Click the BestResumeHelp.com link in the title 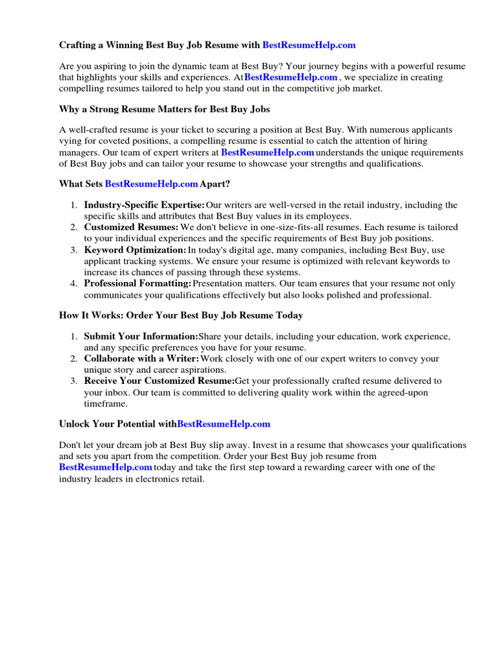coord(309,45)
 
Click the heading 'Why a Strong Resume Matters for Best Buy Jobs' coord(165,109)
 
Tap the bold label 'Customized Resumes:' coord(131,228)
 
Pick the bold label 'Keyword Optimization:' coord(135,250)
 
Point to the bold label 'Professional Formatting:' coord(137,283)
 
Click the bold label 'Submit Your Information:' coord(141,337)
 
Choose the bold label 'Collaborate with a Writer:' coord(141,359)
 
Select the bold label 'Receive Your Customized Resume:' coord(159,381)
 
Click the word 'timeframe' coord(105,403)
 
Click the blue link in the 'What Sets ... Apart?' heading coord(151,184)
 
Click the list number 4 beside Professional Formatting coord(74,283)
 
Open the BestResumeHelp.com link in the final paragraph coord(106,468)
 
